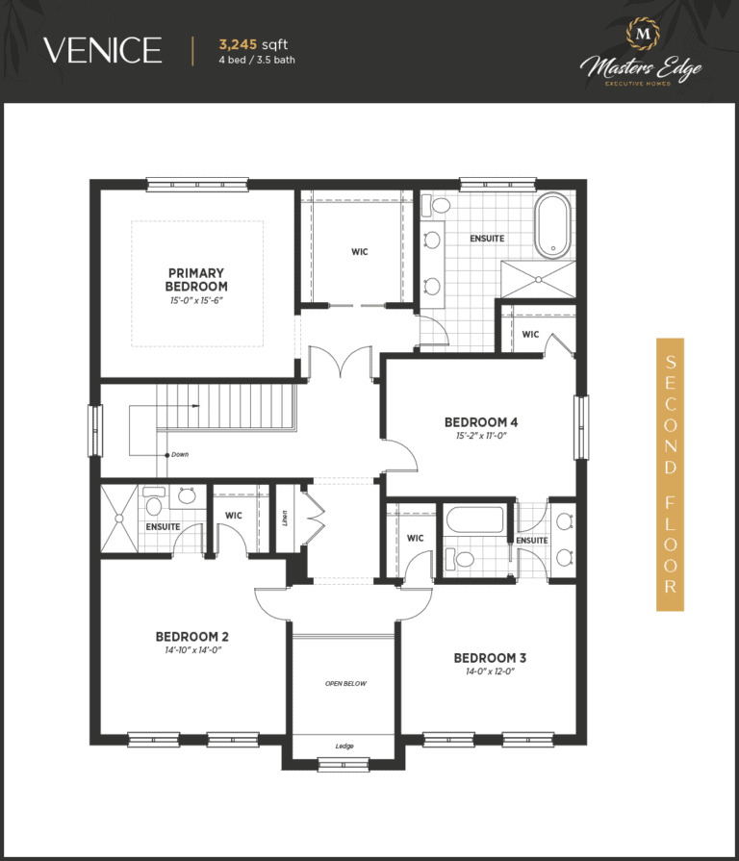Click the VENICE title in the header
[103, 50]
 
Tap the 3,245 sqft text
[253, 44]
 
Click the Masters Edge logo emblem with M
[643, 34]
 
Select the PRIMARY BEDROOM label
[196, 280]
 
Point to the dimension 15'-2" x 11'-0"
[481, 436]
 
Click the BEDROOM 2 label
[192, 637]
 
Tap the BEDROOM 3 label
[490, 658]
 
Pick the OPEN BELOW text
[345, 684]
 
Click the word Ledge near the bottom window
[344, 746]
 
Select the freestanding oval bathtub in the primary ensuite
[553, 225]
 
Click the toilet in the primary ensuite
[436, 205]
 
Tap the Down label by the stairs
[180, 454]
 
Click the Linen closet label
[285, 519]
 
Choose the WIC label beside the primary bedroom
[360, 251]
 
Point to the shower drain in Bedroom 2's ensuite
[119, 518]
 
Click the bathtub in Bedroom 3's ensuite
[475, 519]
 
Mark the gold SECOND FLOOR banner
[670, 474]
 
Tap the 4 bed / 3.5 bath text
[256, 60]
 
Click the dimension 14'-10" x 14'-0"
[192, 650]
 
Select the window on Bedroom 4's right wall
[580, 427]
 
